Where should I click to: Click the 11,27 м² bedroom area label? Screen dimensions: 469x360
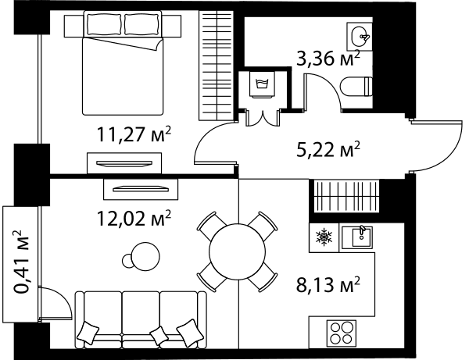(x=134, y=134)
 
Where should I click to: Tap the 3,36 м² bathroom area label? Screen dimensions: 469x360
(x=328, y=59)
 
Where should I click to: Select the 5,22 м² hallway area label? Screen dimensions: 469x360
(x=328, y=149)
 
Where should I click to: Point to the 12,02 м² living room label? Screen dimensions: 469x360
(x=134, y=218)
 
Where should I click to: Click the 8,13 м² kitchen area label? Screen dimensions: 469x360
(x=328, y=285)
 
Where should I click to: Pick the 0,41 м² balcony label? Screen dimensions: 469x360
(x=22, y=262)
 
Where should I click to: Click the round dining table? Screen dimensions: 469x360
(x=237, y=251)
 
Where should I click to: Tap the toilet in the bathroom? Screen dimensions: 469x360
(x=356, y=87)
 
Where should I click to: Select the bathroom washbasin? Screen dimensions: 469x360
(x=360, y=37)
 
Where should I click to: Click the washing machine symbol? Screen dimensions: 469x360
(x=263, y=84)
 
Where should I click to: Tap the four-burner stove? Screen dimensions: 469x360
(x=342, y=333)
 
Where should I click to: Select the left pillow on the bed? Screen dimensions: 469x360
(x=105, y=24)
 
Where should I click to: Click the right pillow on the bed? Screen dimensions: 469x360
(x=141, y=24)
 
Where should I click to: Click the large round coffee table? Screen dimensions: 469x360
(x=145, y=256)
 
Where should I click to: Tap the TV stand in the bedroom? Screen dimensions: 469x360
(x=124, y=163)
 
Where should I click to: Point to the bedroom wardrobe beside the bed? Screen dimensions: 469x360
(x=217, y=66)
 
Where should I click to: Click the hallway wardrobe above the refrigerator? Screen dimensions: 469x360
(x=346, y=196)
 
